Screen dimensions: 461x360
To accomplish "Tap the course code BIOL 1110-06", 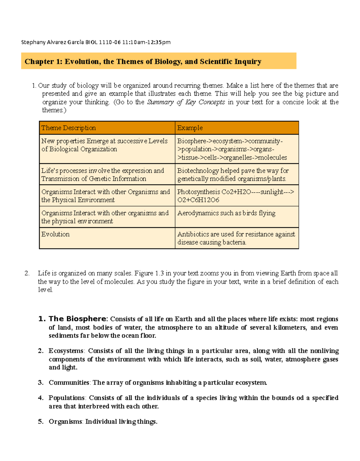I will coord(103,42).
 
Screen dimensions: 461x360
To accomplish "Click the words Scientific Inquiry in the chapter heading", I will coord(230,62).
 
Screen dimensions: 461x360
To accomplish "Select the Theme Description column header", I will coord(69,128).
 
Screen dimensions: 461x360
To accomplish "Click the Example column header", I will coord(190,128).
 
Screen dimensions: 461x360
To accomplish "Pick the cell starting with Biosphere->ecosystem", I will coord(232,149).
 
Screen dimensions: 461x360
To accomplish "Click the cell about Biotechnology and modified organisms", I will coord(233,175).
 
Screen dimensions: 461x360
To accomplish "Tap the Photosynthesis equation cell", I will coord(235,196).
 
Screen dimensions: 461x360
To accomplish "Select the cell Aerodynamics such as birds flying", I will coord(226,213).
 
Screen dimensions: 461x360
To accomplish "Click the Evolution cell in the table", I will coord(55,234).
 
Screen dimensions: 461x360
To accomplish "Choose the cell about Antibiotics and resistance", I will coord(236,238).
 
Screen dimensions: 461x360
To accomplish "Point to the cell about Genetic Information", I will coord(103,175).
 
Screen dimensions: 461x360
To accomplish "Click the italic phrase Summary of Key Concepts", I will coord(186,102).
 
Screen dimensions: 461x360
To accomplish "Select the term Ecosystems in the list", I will coord(66,351).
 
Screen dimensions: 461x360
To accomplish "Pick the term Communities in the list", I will coord(69,383).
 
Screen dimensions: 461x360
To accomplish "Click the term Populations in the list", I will coord(67,398).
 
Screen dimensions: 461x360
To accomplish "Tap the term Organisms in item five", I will coord(65,422).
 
